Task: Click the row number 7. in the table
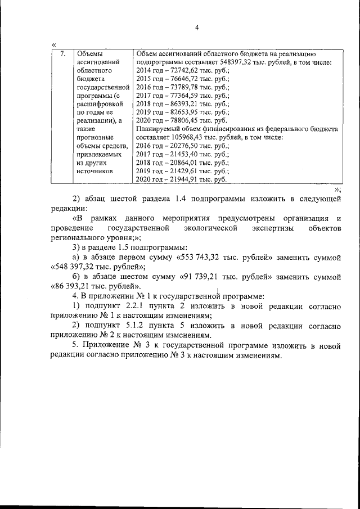pos(63,54)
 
